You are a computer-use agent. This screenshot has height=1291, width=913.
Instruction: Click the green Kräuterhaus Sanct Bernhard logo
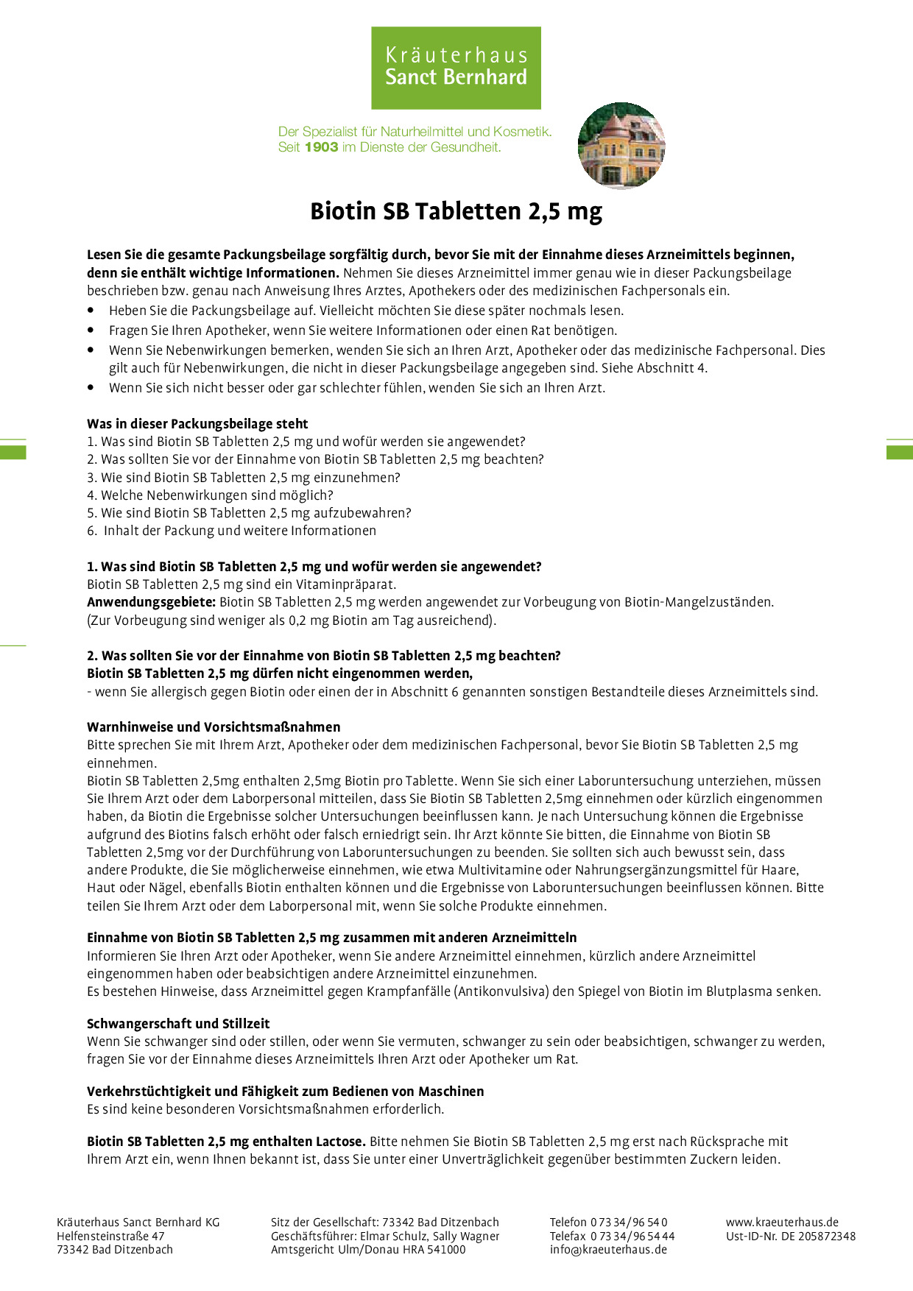click(456, 68)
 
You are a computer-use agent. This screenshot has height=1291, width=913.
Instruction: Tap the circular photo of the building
click(621, 145)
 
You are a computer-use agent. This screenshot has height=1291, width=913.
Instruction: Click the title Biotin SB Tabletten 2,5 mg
click(456, 211)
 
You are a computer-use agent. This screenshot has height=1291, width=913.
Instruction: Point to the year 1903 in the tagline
click(321, 147)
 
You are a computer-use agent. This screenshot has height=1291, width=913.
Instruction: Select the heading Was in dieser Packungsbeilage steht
click(197, 424)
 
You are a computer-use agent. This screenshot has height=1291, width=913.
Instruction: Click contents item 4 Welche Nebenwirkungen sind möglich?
click(210, 495)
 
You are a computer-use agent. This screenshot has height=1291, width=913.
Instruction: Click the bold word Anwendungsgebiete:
click(151, 602)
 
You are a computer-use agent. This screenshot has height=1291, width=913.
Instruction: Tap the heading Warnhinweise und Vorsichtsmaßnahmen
click(214, 727)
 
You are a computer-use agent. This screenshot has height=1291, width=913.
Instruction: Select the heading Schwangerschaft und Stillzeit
click(178, 1024)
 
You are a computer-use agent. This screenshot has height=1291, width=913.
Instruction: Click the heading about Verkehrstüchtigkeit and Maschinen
click(285, 1092)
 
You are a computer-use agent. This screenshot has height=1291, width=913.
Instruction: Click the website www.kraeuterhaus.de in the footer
click(782, 1223)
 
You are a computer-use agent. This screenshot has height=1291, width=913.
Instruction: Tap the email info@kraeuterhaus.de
click(608, 1250)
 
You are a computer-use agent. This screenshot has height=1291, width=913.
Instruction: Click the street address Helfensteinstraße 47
click(110, 1237)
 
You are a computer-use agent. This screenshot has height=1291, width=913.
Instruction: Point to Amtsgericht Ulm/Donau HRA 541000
click(368, 1250)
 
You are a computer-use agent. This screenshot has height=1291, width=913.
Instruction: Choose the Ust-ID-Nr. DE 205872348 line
click(791, 1237)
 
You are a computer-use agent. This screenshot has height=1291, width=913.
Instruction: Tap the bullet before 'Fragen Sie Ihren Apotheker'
click(91, 330)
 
